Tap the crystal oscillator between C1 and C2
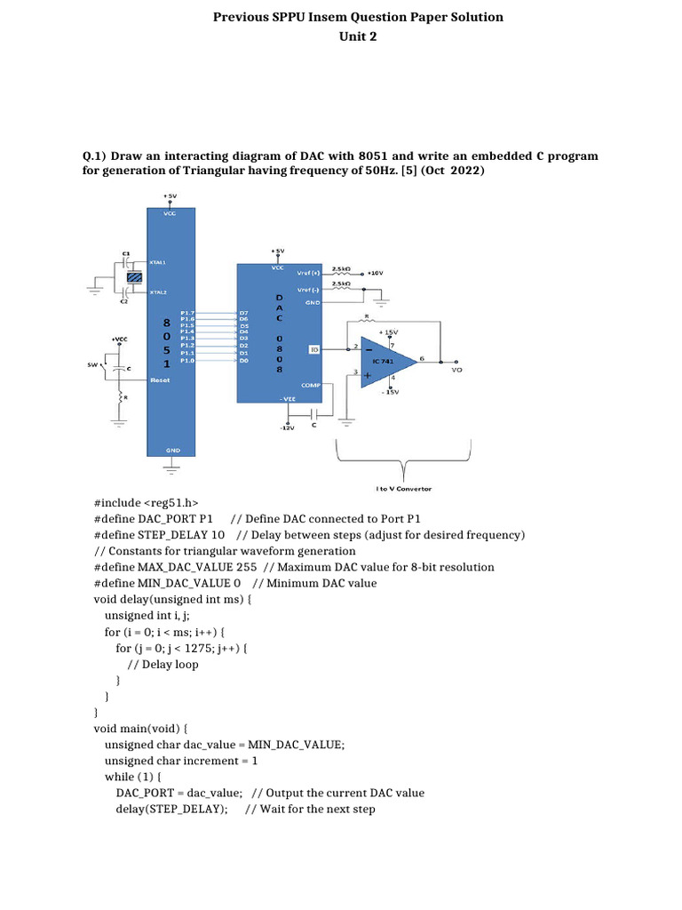134,277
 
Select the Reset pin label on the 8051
160,379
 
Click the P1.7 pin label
187,313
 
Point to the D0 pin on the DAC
244,361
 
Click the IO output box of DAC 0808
313,349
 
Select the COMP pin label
312,385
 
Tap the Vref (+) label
308,272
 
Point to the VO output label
456,370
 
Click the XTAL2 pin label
158,291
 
